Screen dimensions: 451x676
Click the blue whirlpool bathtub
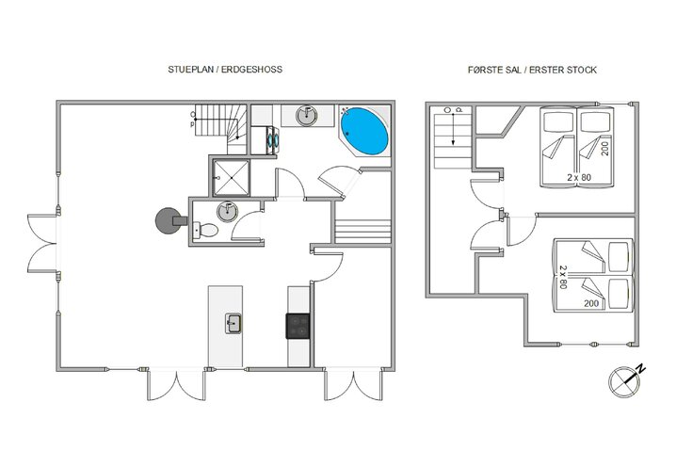coord(364,132)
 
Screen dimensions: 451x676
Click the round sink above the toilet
coord(226,209)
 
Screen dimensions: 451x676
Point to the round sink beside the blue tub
coord(308,116)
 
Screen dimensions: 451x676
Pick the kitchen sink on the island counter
coord(233,325)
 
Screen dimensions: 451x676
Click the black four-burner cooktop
coord(298,325)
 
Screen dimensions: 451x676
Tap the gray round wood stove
coord(167,220)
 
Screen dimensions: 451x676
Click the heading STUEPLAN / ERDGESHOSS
coord(224,71)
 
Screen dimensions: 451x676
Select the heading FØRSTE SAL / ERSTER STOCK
coord(533,71)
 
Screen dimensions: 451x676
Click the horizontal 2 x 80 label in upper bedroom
coord(579,177)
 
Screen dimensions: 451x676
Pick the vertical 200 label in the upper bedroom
coord(619,146)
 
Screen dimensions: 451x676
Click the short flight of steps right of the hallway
coord(363,230)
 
